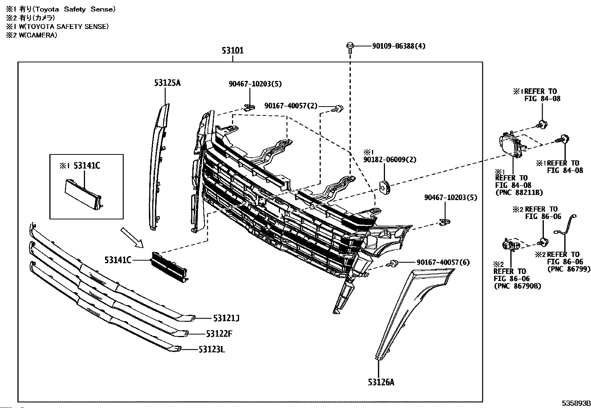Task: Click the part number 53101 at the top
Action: tap(233, 50)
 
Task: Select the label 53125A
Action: tap(167, 83)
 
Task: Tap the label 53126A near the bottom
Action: tap(381, 382)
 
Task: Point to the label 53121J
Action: tap(226, 318)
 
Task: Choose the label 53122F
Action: tap(219, 333)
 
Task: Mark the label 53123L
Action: tap(212, 349)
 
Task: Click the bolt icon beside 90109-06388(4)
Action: tap(350, 47)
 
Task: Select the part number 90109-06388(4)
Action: tap(399, 46)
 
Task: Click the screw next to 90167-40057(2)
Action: tap(339, 108)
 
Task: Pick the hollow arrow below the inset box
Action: tap(131, 238)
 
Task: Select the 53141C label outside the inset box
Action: tap(118, 260)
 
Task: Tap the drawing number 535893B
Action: tap(575, 404)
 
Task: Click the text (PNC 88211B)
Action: tap(519, 192)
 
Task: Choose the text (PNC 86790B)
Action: tap(517, 286)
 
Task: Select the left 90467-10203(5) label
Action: tap(255, 84)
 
